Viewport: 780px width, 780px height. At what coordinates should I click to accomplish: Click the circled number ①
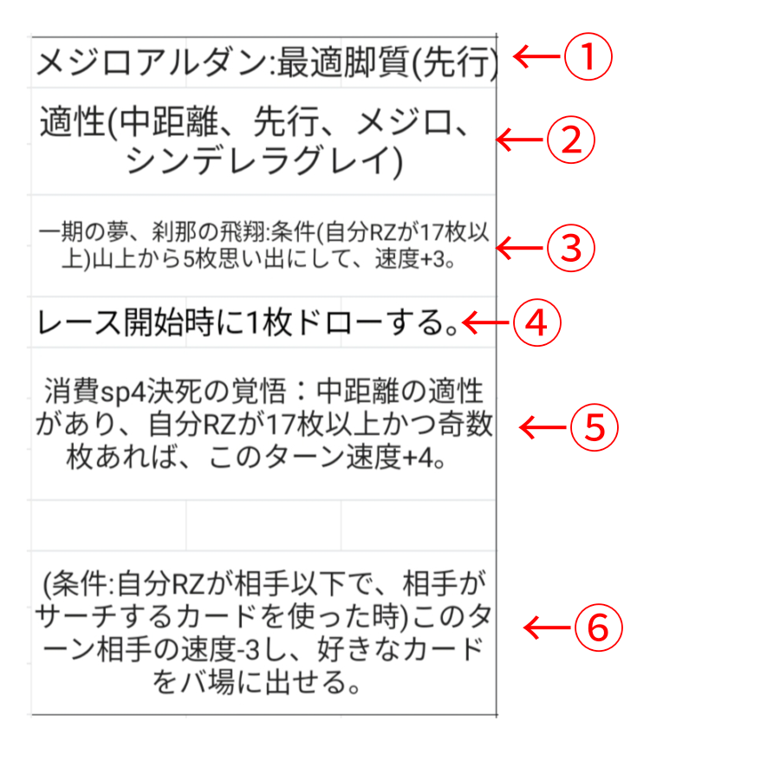coord(588,56)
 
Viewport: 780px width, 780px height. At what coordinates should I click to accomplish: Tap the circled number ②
coord(571,140)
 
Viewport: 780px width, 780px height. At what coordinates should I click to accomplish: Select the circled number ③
coord(571,248)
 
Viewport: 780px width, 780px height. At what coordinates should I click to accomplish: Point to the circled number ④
coord(537,322)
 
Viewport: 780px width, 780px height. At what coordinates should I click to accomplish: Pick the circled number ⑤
coord(595,426)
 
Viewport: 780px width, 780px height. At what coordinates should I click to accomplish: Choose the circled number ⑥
coord(598,627)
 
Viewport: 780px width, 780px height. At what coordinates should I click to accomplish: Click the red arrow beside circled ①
coord(536,56)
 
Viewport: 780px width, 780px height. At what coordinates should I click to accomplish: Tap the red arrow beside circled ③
coord(520,248)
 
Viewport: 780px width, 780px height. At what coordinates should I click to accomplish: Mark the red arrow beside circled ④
coord(486,322)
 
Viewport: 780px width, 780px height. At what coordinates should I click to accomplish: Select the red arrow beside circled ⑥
coord(547,627)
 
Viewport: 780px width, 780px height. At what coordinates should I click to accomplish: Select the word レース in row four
coord(80,322)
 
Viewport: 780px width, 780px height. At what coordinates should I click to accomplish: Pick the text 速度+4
coord(389,457)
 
